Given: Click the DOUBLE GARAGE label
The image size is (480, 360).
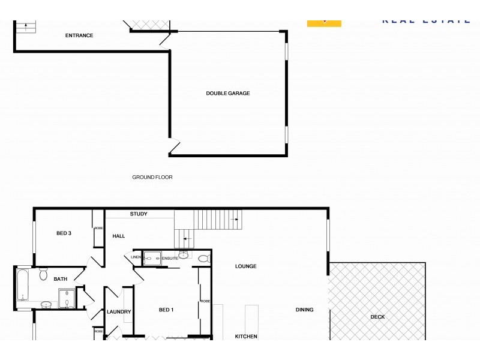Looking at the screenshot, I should (227, 93).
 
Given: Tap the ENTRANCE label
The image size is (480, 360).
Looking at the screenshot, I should (79, 35).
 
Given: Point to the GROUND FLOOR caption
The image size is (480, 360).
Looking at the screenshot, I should (152, 178).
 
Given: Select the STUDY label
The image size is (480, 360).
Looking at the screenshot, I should (139, 214).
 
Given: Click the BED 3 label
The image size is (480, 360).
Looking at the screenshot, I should (64, 233).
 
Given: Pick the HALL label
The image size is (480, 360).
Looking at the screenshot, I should (119, 236).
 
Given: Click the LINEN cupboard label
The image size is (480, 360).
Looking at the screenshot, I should (136, 258).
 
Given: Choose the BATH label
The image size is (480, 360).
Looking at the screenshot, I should (61, 279).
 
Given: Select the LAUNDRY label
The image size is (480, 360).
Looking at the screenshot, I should (119, 312).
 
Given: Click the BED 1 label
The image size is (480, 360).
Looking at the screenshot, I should (166, 310).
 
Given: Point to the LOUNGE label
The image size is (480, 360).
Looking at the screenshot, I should (246, 266).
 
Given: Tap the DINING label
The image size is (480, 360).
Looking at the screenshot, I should (304, 310).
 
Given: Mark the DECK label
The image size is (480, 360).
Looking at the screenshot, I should (377, 317).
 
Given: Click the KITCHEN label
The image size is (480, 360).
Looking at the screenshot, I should (246, 337).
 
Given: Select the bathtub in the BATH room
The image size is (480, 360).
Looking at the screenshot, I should (23, 284).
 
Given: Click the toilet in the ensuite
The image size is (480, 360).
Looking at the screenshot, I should (203, 259).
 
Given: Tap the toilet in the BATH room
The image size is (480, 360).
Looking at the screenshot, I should (43, 275).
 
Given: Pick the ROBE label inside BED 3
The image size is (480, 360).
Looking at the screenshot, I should (98, 228).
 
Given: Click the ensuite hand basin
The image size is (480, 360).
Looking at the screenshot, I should (184, 256).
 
